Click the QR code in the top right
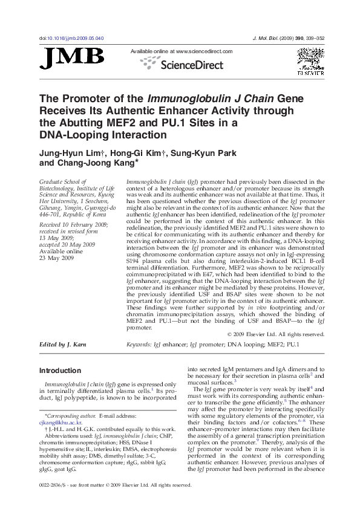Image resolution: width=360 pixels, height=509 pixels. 309,60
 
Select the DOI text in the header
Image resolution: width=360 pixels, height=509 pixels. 71,38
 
